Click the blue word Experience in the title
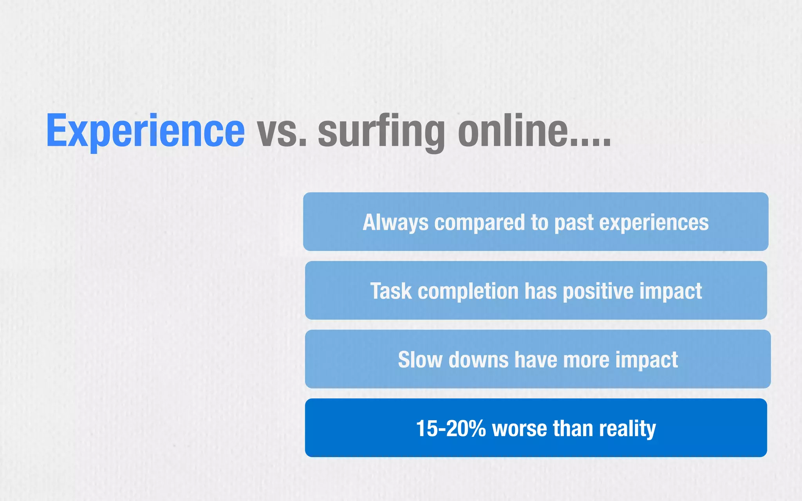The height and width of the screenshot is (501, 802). pyautogui.click(x=145, y=131)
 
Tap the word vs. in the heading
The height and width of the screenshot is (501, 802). pyautogui.click(x=281, y=131)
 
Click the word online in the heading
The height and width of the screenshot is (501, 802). pyautogui.click(x=513, y=131)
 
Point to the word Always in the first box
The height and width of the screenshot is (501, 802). pyautogui.click(x=396, y=222)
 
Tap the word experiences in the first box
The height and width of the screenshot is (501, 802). pyautogui.click(x=654, y=222)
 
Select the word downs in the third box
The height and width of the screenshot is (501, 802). pyautogui.click(x=478, y=360)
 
